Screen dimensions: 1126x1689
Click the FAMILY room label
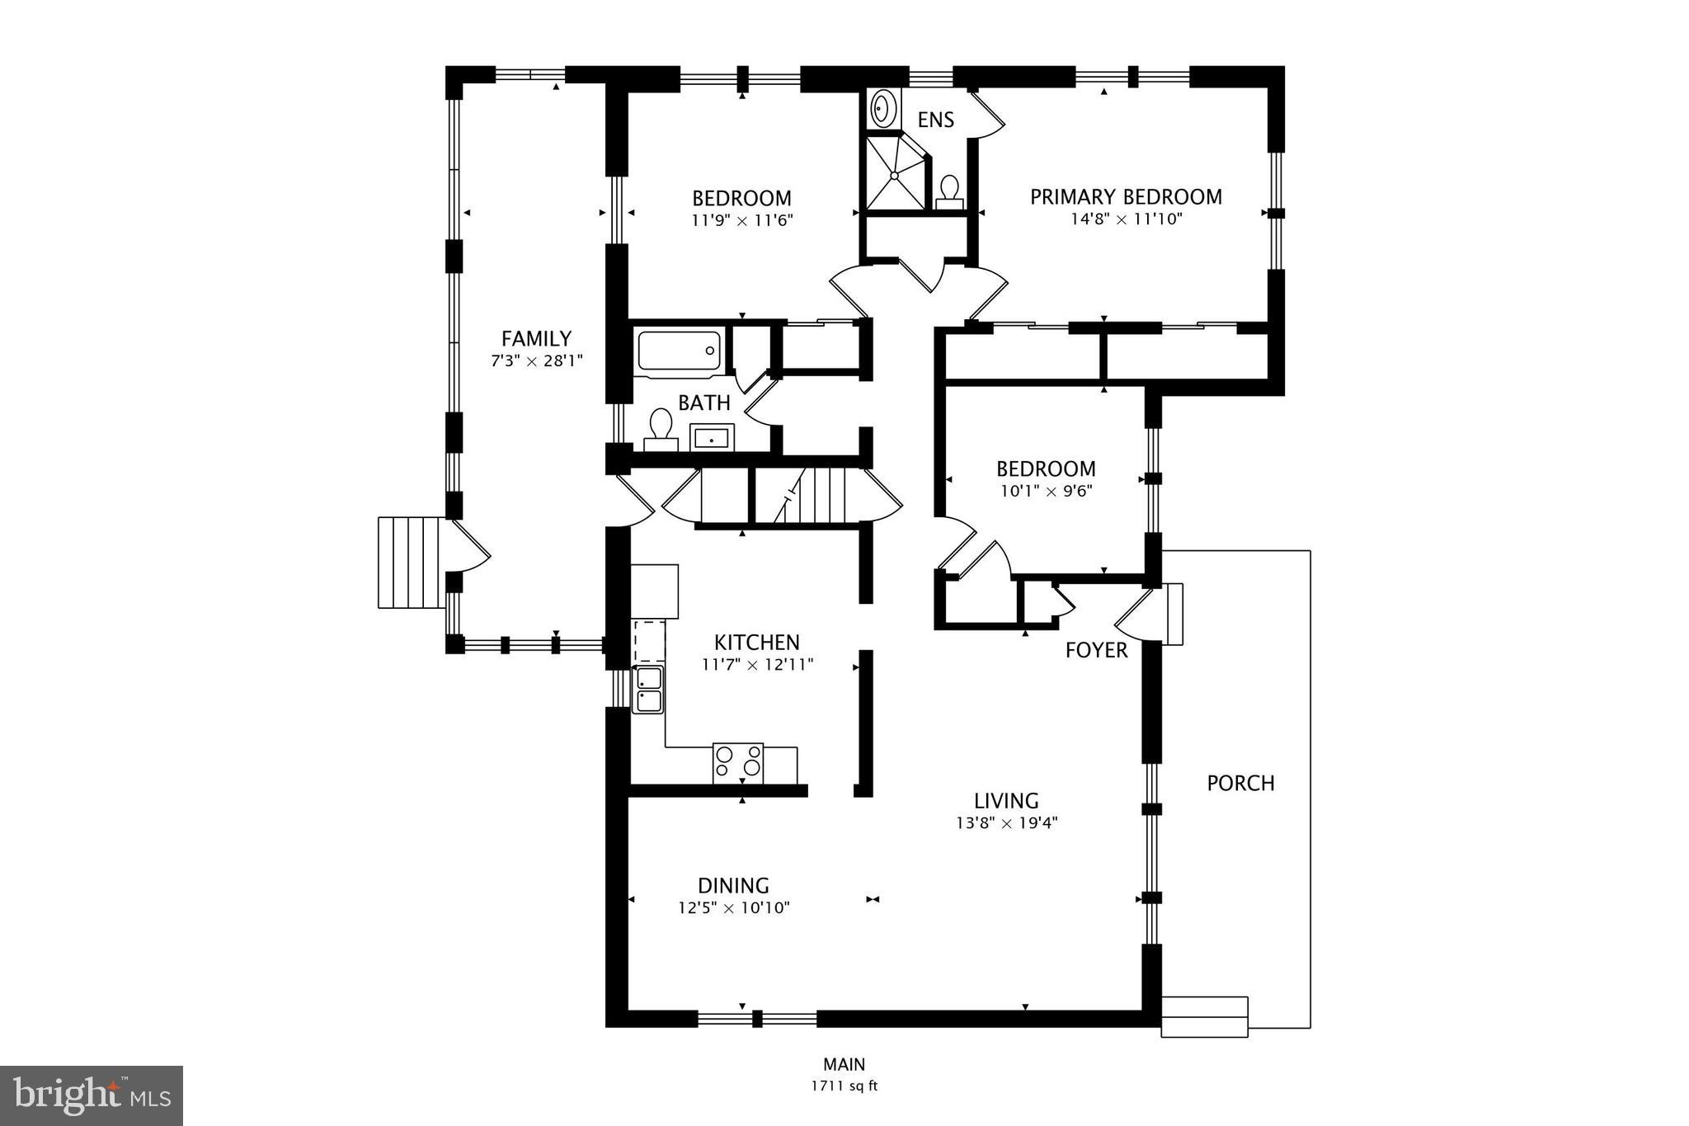click(x=536, y=339)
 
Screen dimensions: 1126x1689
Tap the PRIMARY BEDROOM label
click(x=1125, y=197)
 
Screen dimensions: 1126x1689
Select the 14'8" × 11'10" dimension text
click(x=1127, y=219)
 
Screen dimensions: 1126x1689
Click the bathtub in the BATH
click(x=679, y=351)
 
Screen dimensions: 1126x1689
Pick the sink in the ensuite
click(x=884, y=108)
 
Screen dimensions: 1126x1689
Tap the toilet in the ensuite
click(x=950, y=191)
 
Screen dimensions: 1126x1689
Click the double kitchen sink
click(x=648, y=690)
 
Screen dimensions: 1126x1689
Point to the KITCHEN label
click(x=756, y=643)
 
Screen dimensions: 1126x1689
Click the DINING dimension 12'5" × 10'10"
click(x=734, y=908)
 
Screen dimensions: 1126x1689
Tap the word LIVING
click(x=1006, y=801)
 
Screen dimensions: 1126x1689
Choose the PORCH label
click(x=1240, y=783)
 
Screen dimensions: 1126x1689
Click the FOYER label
click(x=1096, y=651)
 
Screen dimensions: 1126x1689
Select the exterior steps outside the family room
click(x=410, y=563)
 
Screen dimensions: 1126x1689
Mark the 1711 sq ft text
click(x=844, y=1086)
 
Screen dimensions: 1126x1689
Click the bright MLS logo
click(x=92, y=1095)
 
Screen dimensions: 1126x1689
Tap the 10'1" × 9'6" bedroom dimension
click(x=1046, y=491)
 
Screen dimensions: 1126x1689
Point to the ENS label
click(x=935, y=120)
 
